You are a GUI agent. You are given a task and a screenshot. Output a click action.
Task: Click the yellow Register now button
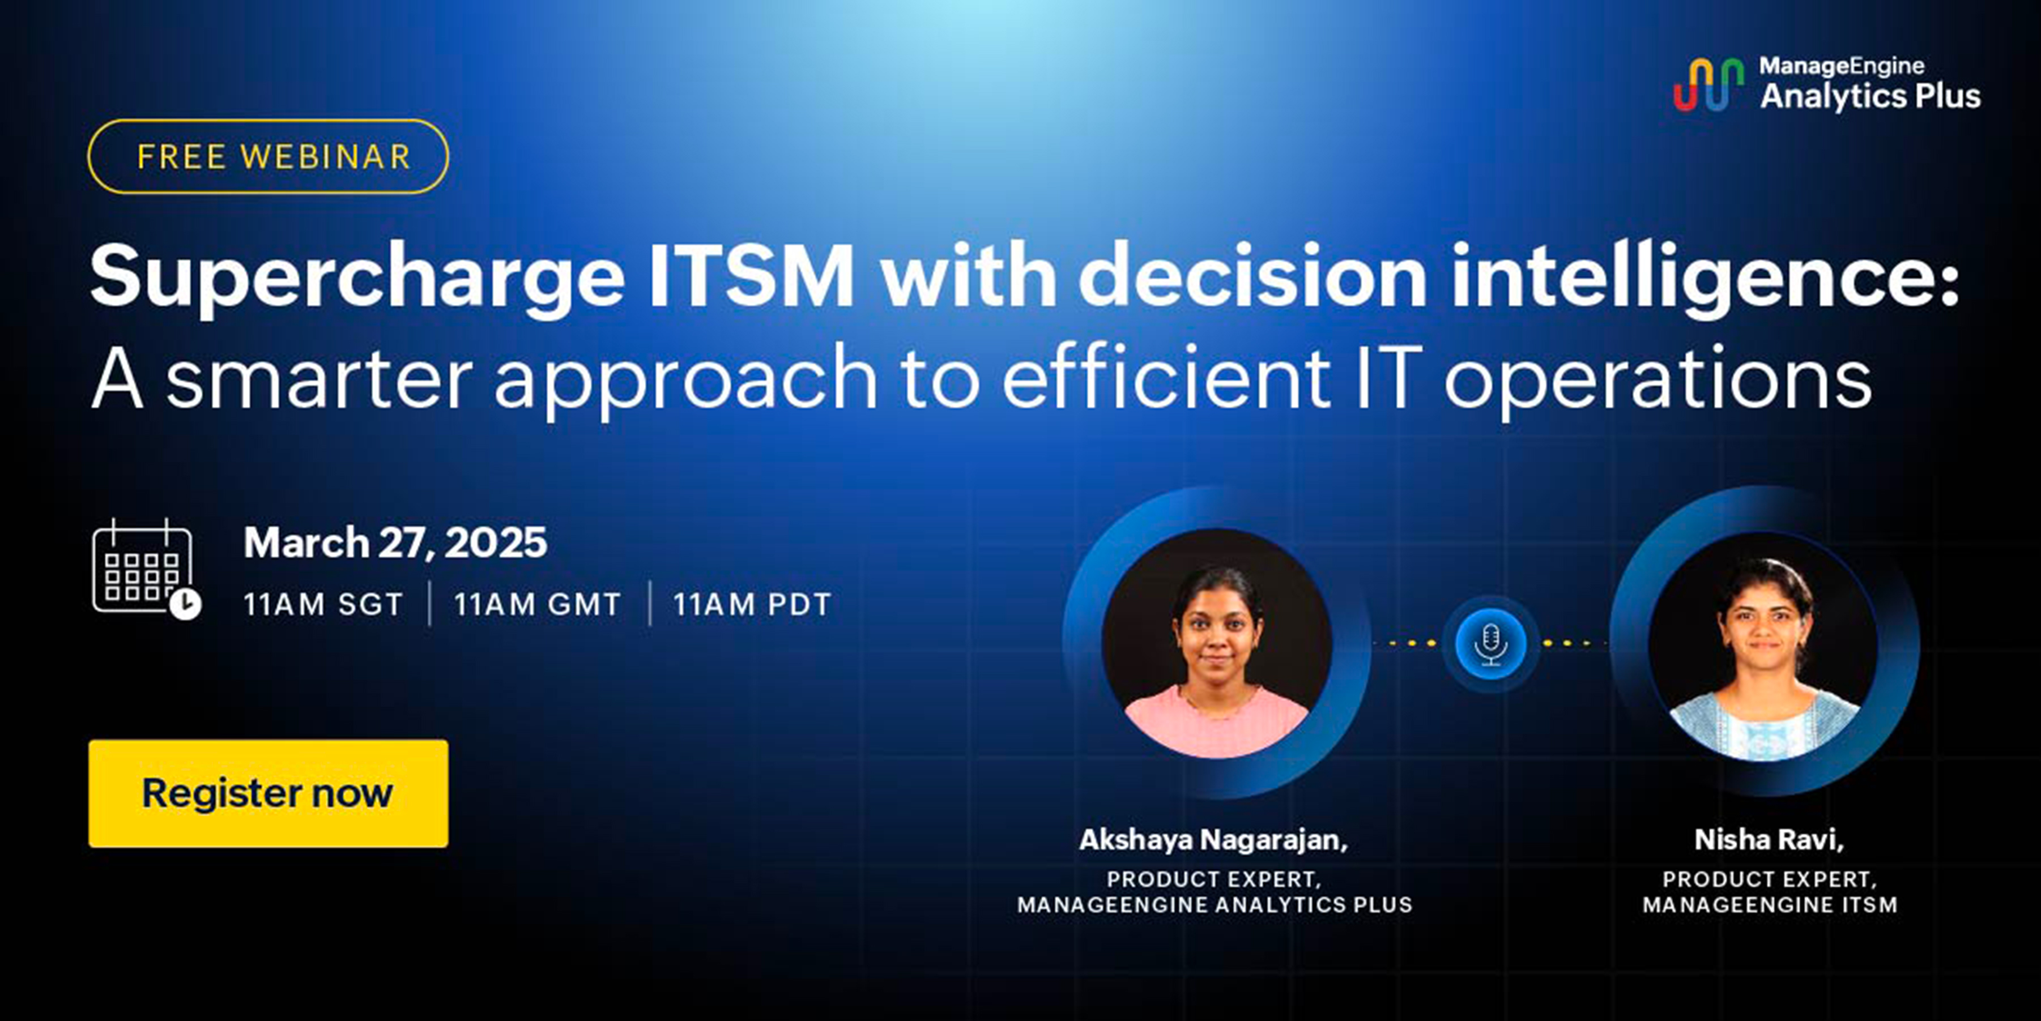(268, 793)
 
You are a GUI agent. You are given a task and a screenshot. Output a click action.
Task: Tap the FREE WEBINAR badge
(268, 156)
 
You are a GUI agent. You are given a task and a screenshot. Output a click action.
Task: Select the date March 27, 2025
(395, 542)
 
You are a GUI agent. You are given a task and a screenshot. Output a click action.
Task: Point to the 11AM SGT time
(323, 604)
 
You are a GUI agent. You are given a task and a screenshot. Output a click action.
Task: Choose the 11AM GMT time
(537, 604)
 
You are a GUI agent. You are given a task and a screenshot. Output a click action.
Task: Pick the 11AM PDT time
(752, 604)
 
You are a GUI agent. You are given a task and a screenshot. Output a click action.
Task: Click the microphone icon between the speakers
(1490, 643)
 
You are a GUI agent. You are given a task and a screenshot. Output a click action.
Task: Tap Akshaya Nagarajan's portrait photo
(1216, 643)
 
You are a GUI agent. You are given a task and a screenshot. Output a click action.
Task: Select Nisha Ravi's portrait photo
(1763, 646)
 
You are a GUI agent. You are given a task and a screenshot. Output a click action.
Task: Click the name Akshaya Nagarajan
(1213, 840)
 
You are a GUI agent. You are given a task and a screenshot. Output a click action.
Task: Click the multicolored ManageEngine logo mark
(1708, 84)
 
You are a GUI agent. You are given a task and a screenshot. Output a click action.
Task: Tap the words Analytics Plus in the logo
(1870, 96)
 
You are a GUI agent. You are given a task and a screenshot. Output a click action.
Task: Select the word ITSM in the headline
(751, 275)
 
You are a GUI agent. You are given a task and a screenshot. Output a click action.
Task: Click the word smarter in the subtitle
(319, 379)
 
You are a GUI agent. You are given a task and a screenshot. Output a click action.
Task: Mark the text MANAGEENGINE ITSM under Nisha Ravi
(1770, 904)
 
